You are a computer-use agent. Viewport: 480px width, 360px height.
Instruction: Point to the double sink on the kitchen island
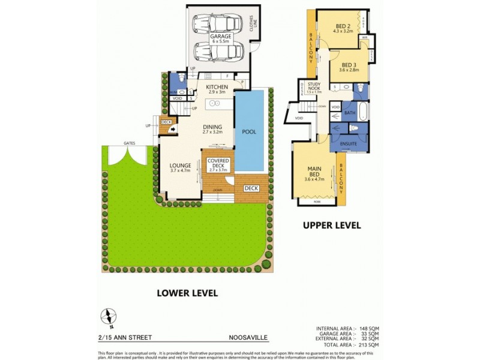pos(215,104)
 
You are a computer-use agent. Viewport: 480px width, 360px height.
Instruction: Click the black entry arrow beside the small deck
pos(172,128)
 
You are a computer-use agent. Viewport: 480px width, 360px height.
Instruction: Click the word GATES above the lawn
pos(129,143)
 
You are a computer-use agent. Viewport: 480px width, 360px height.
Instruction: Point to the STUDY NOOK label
pos(314,86)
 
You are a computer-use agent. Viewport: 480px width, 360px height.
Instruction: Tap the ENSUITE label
pos(349,145)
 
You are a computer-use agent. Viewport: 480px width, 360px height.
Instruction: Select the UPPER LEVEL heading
pos(331,226)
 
